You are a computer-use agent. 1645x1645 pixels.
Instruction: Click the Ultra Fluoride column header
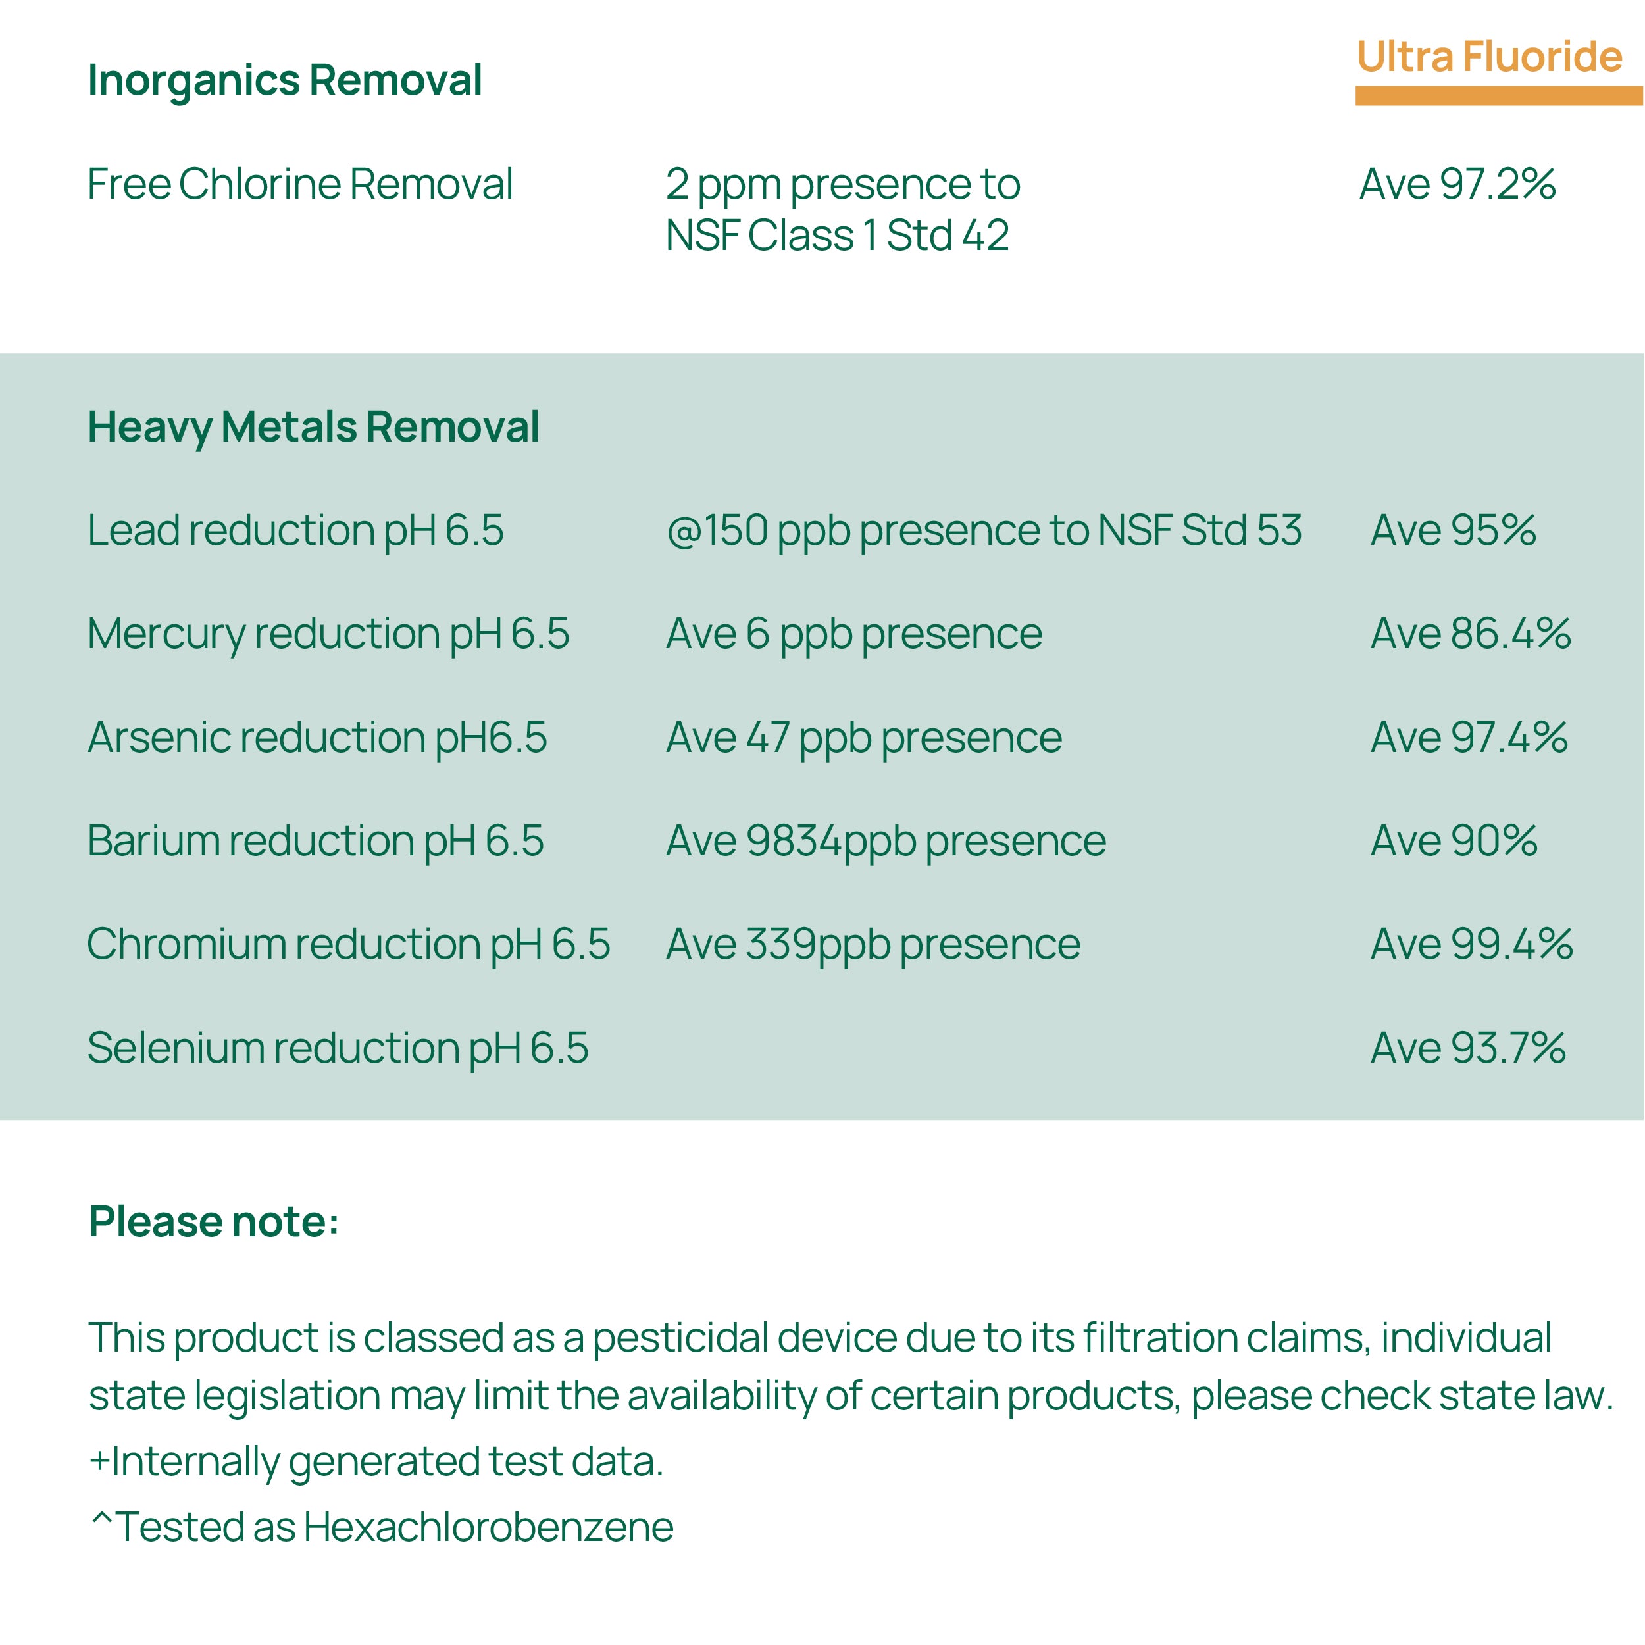pyautogui.click(x=1488, y=57)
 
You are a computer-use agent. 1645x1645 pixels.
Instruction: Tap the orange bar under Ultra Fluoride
pyautogui.click(x=1498, y=95)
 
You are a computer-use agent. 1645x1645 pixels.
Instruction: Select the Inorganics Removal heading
pyautogui.click(x=284, y=81)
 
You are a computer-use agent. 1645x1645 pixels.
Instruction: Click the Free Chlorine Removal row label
pyautogui.click(x=299, y=184)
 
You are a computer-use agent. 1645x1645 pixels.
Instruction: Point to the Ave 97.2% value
pyautogui.click(x=1457, y=184)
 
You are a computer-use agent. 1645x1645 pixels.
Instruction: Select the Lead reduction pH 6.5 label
pyautogui.click(x=295, y=530)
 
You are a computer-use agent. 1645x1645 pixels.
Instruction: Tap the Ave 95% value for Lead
pyautogui.click(x=1453, y=530)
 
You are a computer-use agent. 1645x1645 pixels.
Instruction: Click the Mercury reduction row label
pyautogui.click(x=328, y=634)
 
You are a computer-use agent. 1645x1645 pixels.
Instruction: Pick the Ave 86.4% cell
pyautogui.click(x=1471, y=634)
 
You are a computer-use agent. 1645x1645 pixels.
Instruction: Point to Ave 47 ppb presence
pyautogui.click(x=863, y=738)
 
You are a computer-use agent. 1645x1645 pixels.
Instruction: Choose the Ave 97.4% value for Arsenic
pyautogui.click(x=1469, y=738)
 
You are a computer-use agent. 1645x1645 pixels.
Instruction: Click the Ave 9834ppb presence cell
pyautogui.click(x=886, y=841)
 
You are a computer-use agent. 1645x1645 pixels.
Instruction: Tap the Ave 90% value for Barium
pyautogui.click(x=1454, y=841)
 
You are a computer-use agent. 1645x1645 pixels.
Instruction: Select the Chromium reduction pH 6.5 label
pyautogui.click(x=348, y=944)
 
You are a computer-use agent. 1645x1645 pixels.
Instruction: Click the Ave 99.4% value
pyautogui.click(x=1471, y=944)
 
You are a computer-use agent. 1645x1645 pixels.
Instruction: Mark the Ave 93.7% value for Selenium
pyautogui.click(x=1468, y=1048)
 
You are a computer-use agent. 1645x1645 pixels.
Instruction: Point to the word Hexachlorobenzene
pyautogui.click(x=488, y=1527)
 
